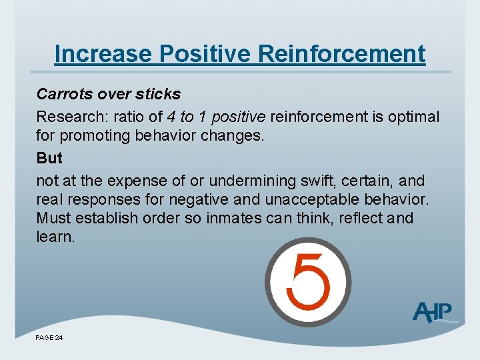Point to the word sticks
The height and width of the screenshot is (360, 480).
(156, 94)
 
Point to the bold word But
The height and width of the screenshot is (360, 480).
(49, 158)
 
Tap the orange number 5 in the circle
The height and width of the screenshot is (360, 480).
(307, 281)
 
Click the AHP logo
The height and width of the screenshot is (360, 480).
(433, 311)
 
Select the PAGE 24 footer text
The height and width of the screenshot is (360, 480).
(49, 339)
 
